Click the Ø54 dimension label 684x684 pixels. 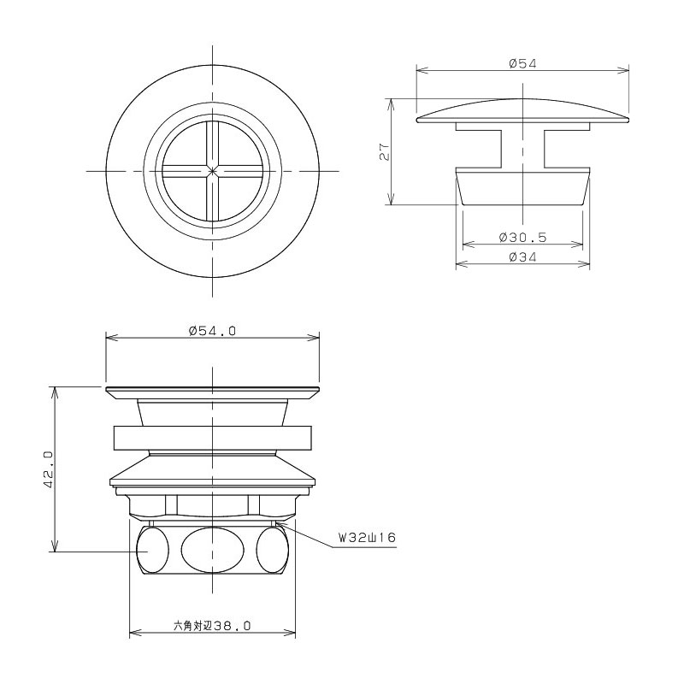pyautogui.click(x=522, y=63)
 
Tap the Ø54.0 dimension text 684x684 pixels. pyautogui.click(x=212, y=331)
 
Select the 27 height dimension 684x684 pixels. pyautogui.click(x=384, y=151)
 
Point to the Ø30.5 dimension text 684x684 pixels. pyautogui.click(x=522, y=238)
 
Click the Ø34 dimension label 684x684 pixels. pyautogui.click(x=522, y=257)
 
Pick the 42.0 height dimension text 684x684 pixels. pyautogui.click(x=48, y=469)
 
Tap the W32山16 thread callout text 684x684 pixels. pyautogui.click(x=368, y=537)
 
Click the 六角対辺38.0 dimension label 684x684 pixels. pyautogui.click(x=212, y=626)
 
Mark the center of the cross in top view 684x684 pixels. pyautogui.click(x=212, y=171)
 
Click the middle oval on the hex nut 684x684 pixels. pyautogui.click(x=212, y=550)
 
